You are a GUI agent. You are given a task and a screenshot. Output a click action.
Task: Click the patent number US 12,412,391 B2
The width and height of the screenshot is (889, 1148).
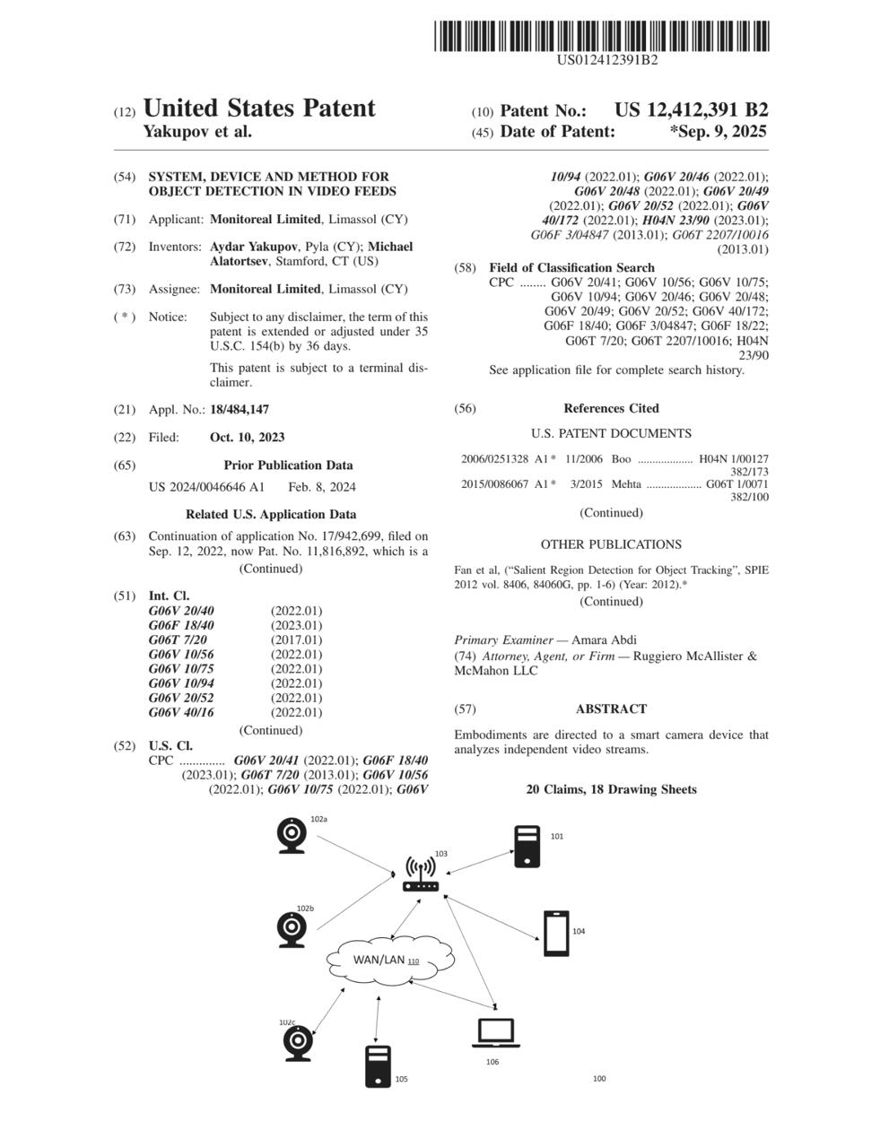pos(691,110)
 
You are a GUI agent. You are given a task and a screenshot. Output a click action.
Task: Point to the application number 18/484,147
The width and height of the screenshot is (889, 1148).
pos(240,410)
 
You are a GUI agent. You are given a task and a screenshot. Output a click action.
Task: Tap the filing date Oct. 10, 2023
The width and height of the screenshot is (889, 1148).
pos(247,438)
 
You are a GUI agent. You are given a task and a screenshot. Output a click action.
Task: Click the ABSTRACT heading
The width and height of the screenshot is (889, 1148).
pos(611,709)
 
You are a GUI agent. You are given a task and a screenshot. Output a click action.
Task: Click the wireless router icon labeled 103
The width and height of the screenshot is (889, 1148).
pos(420,874)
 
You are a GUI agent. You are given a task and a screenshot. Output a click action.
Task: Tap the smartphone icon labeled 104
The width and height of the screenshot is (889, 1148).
pos(556,934)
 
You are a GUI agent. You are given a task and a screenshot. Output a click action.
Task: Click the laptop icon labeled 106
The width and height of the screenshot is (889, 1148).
pos(496,1033)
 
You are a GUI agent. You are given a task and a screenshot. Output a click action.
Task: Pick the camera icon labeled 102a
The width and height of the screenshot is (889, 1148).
pos(292,836)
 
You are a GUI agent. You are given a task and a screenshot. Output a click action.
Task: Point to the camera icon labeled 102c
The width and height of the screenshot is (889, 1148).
pos(298,1043)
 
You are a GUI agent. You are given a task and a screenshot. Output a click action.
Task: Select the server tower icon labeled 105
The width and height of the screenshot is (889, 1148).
pos(378,1066)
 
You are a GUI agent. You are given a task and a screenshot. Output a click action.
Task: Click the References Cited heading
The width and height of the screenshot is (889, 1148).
pos(611,409)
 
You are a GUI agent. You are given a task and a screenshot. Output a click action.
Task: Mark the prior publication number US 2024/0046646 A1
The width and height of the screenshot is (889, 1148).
pos(206,488)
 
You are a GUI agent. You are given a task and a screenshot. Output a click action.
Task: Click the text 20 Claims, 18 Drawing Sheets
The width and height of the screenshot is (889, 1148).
pos(611,790)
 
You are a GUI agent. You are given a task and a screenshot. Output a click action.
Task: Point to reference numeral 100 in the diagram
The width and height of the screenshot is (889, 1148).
pos(599,1078)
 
